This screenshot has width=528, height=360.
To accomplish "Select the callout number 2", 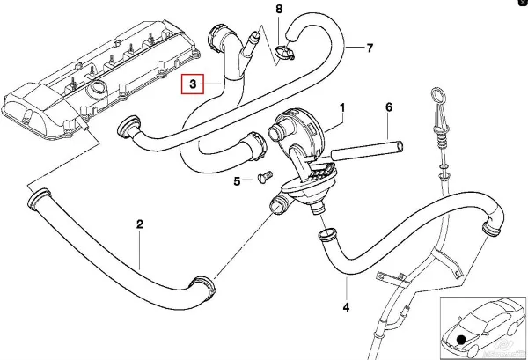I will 139,224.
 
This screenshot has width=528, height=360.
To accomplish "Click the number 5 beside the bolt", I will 237,181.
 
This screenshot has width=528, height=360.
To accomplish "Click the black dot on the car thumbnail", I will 462,338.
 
